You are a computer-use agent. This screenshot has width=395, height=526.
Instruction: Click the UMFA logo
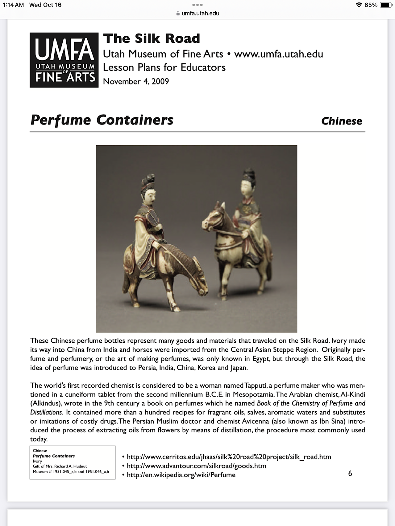(64, 60)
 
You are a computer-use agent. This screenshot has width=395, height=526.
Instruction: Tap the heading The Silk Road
(152, 39)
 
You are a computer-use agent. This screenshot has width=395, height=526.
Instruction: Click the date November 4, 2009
(136, 81)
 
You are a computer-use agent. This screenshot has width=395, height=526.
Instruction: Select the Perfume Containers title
(102, 120)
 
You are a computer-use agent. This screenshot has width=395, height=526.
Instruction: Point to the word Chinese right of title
(342, 121)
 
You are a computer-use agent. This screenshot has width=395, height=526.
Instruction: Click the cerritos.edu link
(229, 457)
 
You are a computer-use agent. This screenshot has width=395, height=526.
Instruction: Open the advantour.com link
(196, 466)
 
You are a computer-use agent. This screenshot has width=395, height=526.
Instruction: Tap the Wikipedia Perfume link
(181, 475)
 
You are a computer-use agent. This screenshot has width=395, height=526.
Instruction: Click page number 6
(350, 473)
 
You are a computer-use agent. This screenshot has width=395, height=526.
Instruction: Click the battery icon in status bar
(386, 5)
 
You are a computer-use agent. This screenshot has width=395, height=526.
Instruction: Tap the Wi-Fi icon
(359, 5)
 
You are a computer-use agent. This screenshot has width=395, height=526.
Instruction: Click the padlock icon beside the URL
(178, 13)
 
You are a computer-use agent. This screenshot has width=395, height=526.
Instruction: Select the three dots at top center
(197, 5)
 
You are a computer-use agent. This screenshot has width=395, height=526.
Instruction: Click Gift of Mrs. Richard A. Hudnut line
(60, 466)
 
